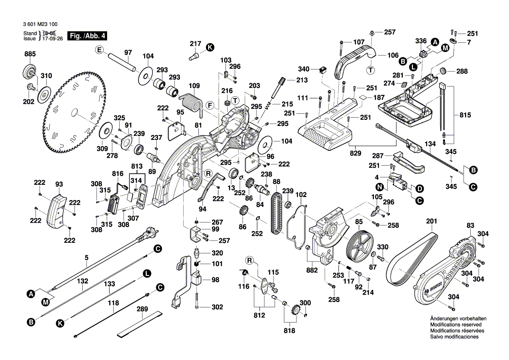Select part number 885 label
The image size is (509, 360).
[30, 54]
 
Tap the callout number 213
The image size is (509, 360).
[301, 80]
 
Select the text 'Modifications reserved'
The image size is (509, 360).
[455, 325]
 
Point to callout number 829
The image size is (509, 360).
[355, 154]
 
